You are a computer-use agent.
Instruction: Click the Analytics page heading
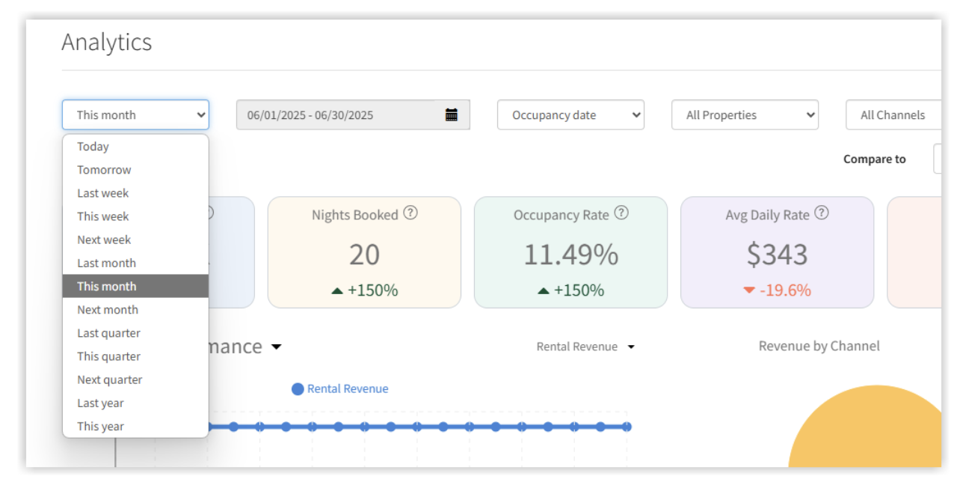pos(106,43)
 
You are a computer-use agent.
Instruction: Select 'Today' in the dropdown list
pos(93,147)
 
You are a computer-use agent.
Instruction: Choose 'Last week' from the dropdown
pos(102,193)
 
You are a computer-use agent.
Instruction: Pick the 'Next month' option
pos(107,310)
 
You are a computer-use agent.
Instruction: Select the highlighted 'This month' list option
pos(107,287)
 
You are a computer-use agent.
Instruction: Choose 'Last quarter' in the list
pos(108,333)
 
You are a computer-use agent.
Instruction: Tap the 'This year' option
pos(100,427)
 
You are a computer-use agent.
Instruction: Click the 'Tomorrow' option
pos(104,170)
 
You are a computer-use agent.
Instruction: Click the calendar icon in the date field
pos(452,115)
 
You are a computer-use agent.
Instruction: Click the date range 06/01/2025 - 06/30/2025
pos(310,115)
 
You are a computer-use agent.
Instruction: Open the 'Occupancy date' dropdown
pos(570,115)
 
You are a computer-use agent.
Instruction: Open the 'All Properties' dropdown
pos(745,115)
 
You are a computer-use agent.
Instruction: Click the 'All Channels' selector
pos(893,115)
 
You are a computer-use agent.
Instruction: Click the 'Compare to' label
pos(874,159)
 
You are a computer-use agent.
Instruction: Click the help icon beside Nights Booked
pos(410,213)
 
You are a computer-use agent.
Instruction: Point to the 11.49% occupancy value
pos(570,254)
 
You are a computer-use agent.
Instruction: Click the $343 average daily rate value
pos(777,254)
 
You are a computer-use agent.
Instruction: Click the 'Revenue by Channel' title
pos(819,346)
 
